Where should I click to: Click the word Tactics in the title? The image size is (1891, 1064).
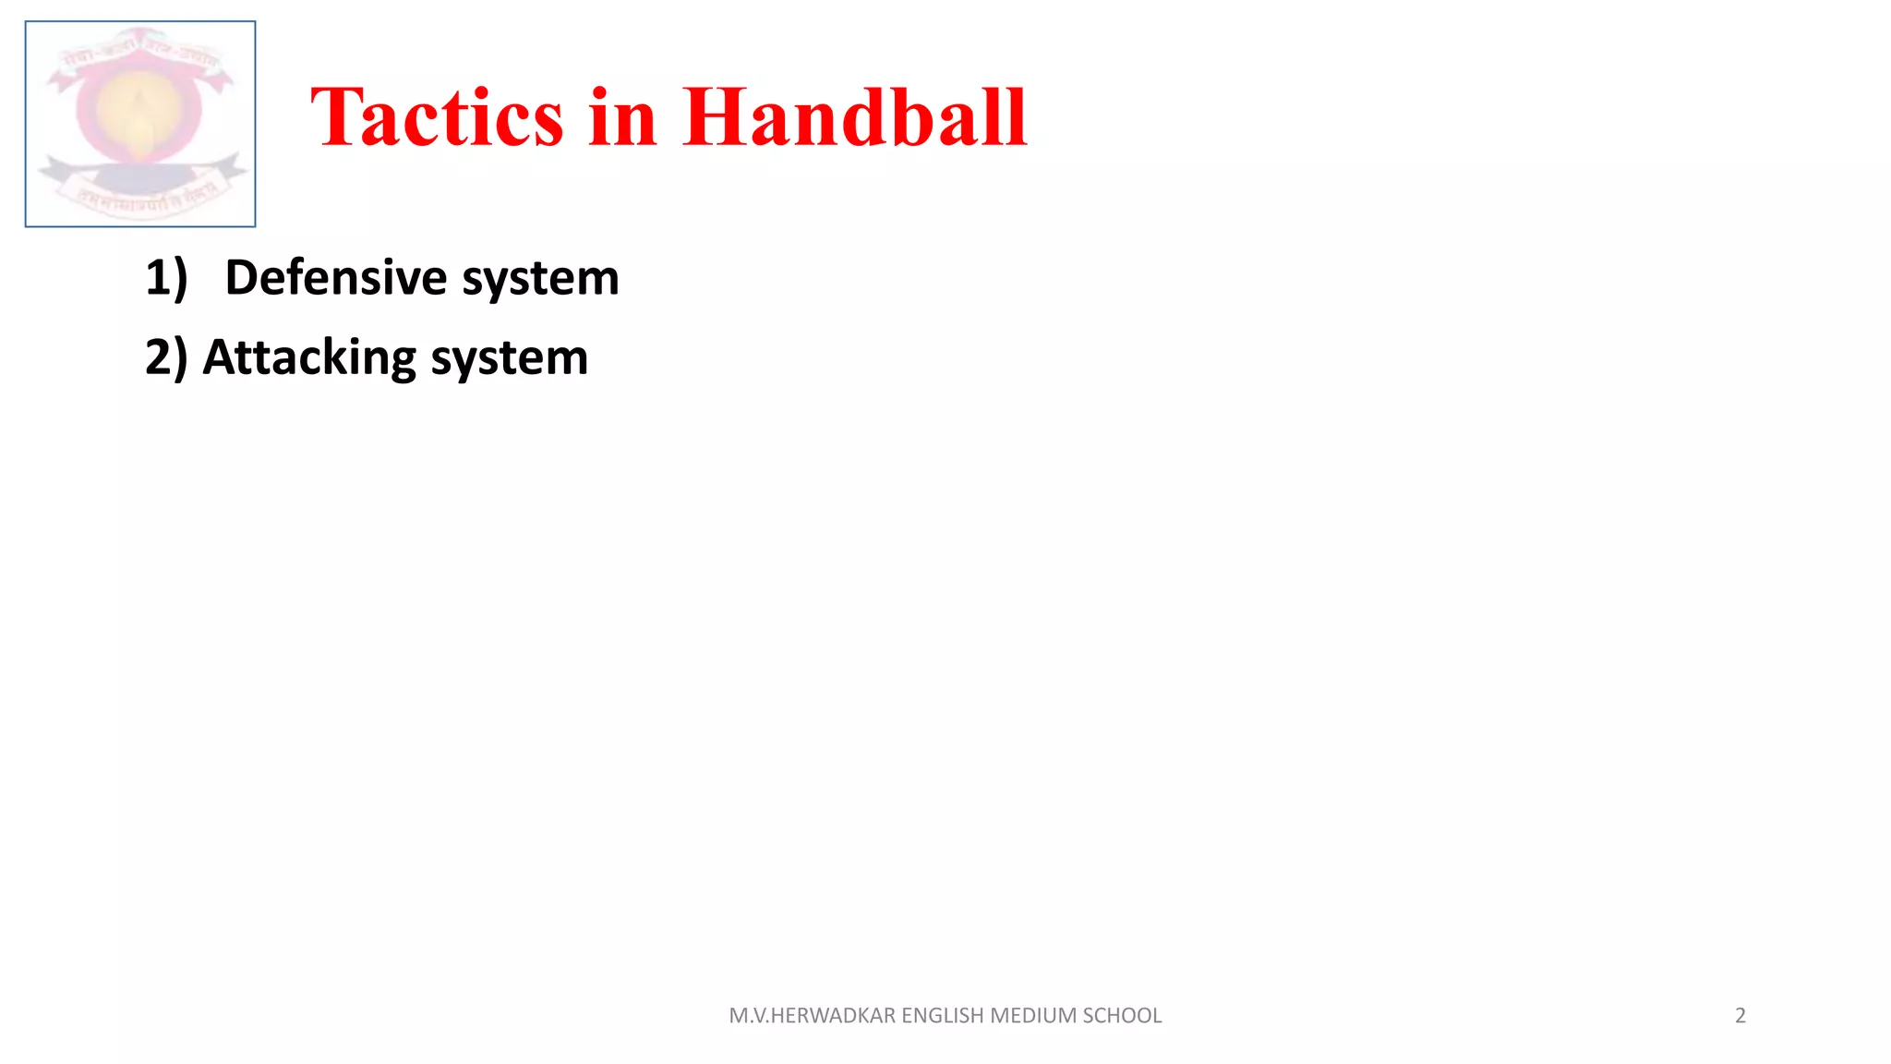point(437,117)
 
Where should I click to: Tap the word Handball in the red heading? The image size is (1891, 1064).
point(854,117)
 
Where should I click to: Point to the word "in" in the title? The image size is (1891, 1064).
point(623,117)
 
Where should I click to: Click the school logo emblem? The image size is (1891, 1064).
point(140,124)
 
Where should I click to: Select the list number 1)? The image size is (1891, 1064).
point(166,277)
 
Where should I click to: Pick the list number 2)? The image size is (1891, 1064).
point(166,357)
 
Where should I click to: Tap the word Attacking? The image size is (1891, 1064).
point(309,357)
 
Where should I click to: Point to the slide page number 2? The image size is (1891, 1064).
point(1740,1015)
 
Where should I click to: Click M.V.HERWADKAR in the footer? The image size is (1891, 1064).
point(812,1015)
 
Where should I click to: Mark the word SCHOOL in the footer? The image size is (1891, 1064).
point(1122,1015)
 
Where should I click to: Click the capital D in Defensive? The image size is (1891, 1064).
point(241,277)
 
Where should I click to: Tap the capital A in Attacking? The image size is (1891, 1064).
point(219,357)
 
